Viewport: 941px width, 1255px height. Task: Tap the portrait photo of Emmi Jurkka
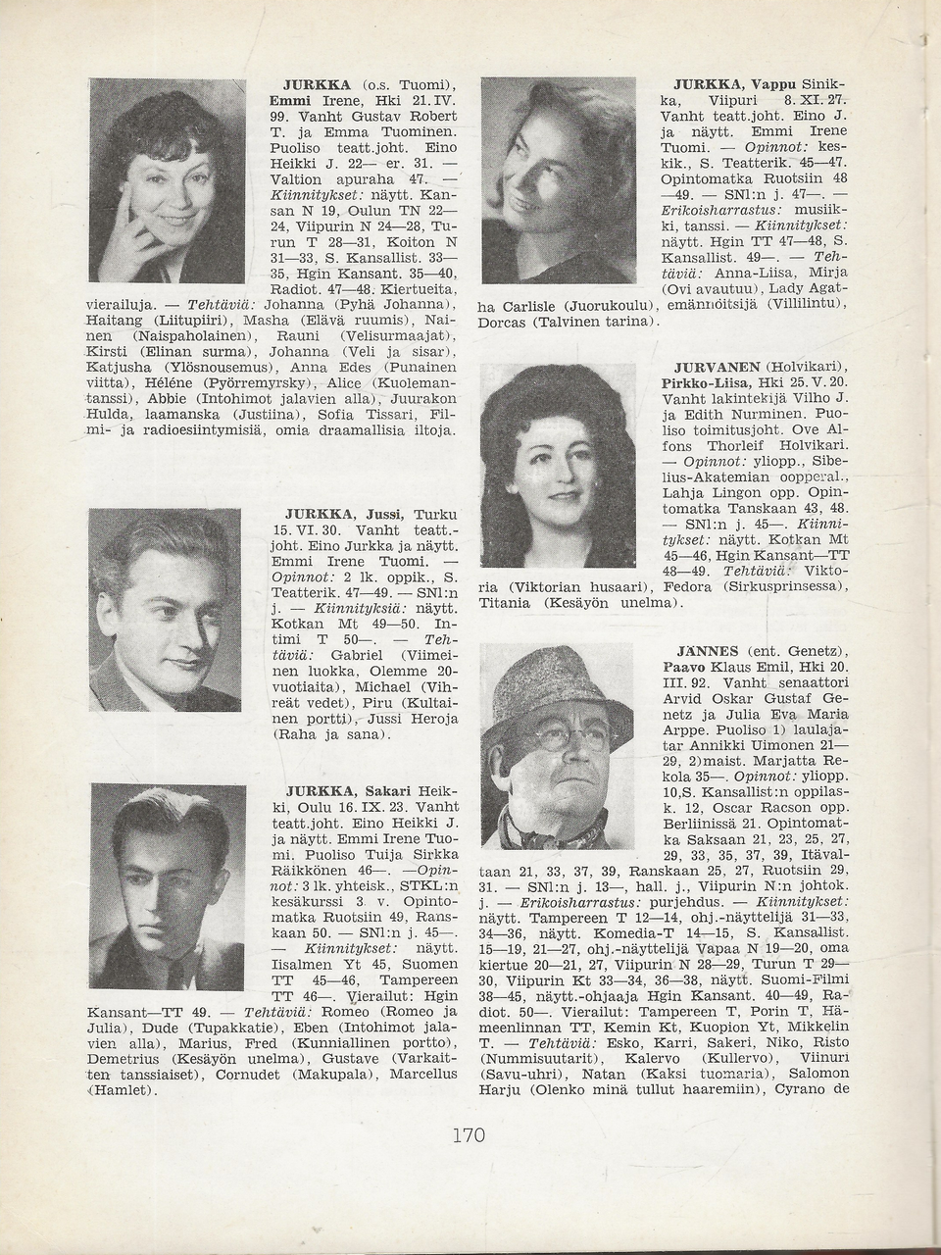click(x=166, y=179)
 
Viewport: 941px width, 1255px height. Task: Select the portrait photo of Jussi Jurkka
click(x=165, y=611)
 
